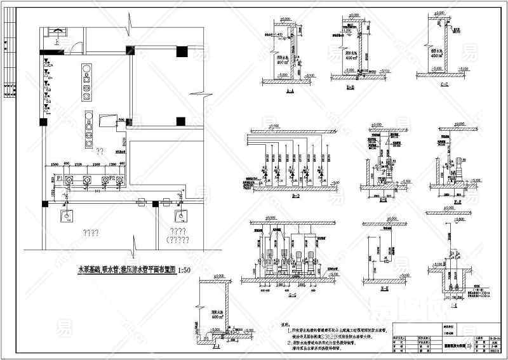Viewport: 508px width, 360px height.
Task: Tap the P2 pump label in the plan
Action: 113,180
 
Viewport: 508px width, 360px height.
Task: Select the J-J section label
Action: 217,348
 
